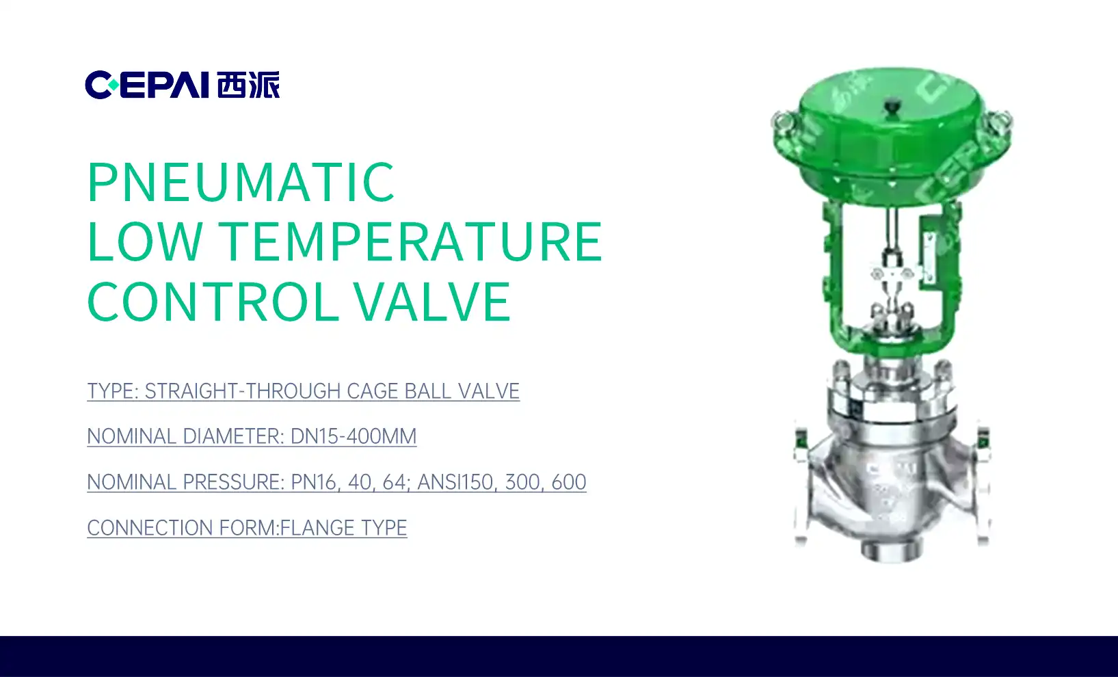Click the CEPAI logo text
pos(147,85)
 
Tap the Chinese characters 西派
pos(248,85)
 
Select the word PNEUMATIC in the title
pos(241,182)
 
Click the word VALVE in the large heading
pos(433,302)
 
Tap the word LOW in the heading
pos(145,241)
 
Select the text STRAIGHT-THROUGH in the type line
pos(242,391)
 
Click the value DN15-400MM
pos(354,436)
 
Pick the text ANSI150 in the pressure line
pos(456,482)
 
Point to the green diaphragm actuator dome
pos(892,135)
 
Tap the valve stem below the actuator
pos(892,230)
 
